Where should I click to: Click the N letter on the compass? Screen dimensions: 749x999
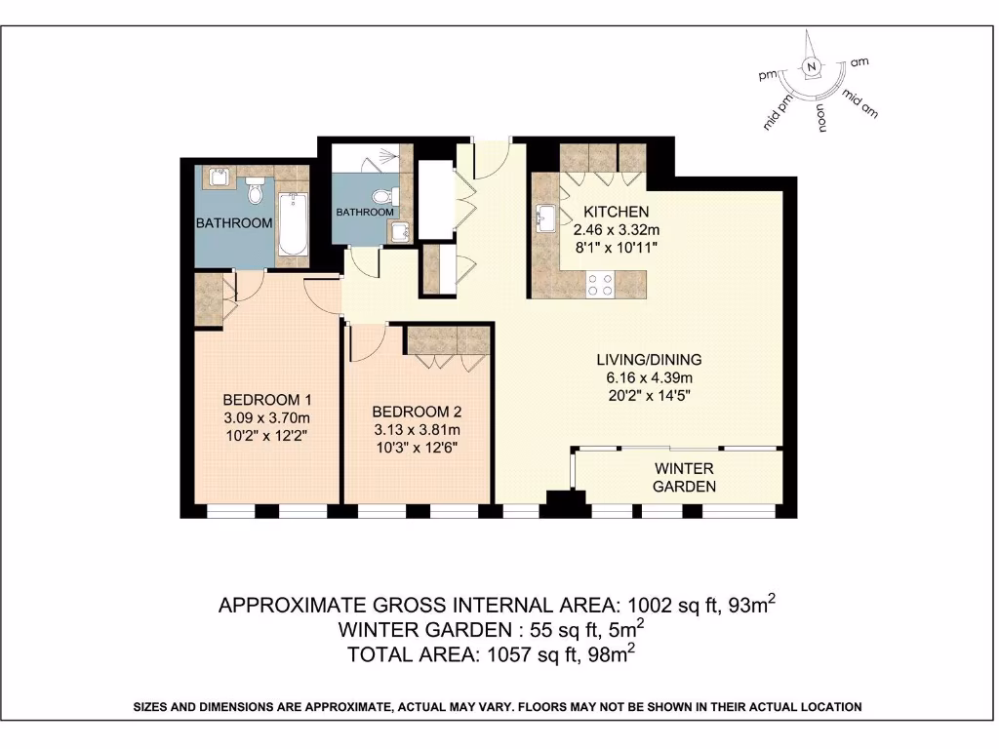tap(810, 67)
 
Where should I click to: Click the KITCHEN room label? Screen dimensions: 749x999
tap(616, 212)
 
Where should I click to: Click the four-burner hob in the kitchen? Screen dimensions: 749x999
tap(599, 285)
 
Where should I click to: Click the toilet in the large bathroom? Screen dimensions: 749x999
tap(257, 189)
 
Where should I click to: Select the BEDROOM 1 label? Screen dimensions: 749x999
tap(267, 399)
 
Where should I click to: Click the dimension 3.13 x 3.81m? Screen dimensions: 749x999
tap(416, 429)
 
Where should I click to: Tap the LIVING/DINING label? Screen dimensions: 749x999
tap(649, 359)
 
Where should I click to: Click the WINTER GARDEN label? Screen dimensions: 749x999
tap(684, 477)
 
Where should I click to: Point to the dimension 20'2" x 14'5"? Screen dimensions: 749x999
tap(649, 395)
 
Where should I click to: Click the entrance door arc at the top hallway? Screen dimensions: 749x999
tap(490, 162)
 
